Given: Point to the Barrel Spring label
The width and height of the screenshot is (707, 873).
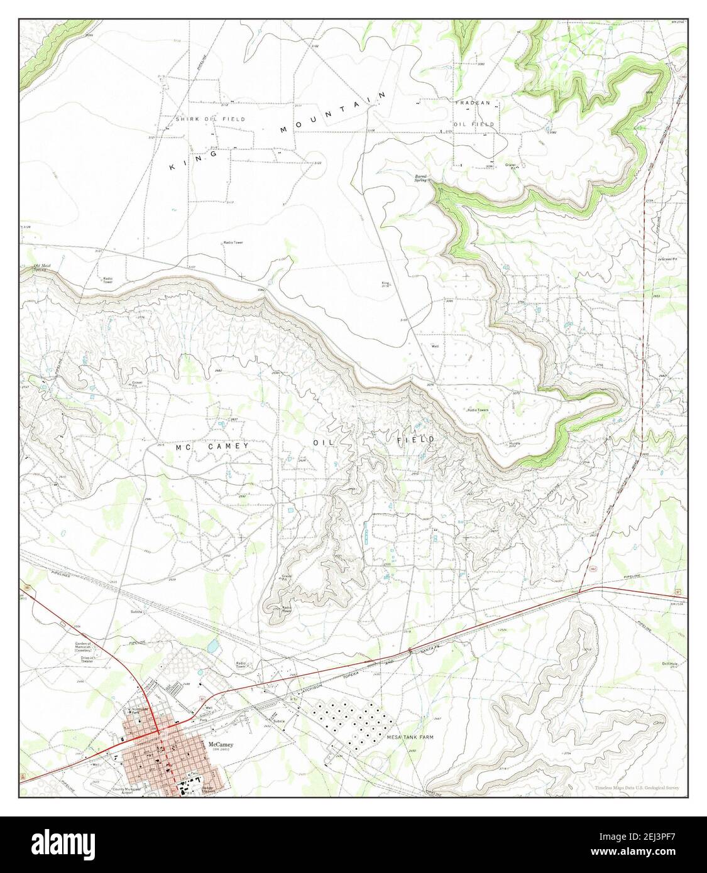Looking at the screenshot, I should coord(420,178).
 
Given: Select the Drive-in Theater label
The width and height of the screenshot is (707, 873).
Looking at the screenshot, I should coord(82,659).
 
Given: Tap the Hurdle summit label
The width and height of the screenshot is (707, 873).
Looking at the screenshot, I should coord(515,443).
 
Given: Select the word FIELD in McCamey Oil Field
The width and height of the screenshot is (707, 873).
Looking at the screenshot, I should coord(415,440).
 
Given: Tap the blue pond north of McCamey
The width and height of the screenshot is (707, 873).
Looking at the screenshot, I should coord(211,644).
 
